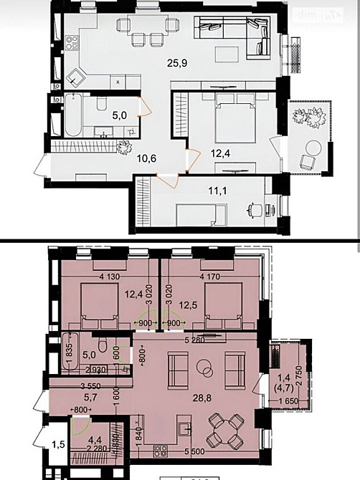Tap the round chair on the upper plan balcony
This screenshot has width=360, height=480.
pos(312,147)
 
